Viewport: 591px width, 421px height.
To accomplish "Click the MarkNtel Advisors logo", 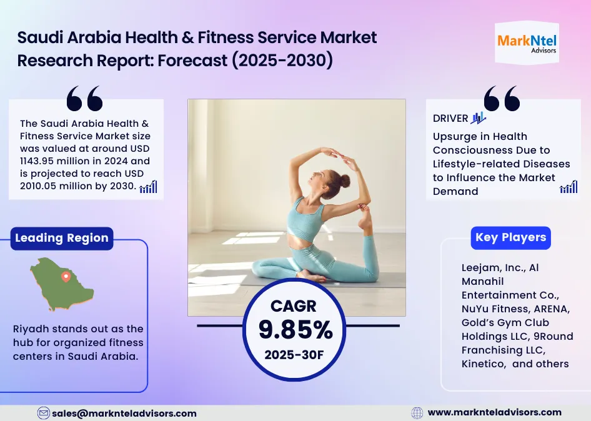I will pos(527,43).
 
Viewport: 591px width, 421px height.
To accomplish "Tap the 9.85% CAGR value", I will pos(295,330).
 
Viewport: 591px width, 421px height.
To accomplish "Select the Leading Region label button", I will pos(61,238).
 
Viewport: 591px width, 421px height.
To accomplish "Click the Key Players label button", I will pos(510,237).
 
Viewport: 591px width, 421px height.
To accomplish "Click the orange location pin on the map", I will pos(65,276).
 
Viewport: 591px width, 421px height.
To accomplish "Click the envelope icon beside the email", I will pos(44,413).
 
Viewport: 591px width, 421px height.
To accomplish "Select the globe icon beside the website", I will pos(417,413).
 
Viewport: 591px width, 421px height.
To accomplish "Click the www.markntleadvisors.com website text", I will pos(494,412).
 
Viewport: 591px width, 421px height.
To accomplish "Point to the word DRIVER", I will pos(450,119).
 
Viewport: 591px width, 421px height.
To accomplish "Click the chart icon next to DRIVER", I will pos(478,117).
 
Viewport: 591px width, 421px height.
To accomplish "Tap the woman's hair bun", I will pos(345,181).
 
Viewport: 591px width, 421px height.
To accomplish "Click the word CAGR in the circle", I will pos(294,306).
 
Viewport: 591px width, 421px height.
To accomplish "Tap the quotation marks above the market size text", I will pos(84,99).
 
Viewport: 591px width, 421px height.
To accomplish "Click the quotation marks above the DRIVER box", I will pos(502,98).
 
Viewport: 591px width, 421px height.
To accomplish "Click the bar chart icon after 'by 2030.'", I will pos(148,186).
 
